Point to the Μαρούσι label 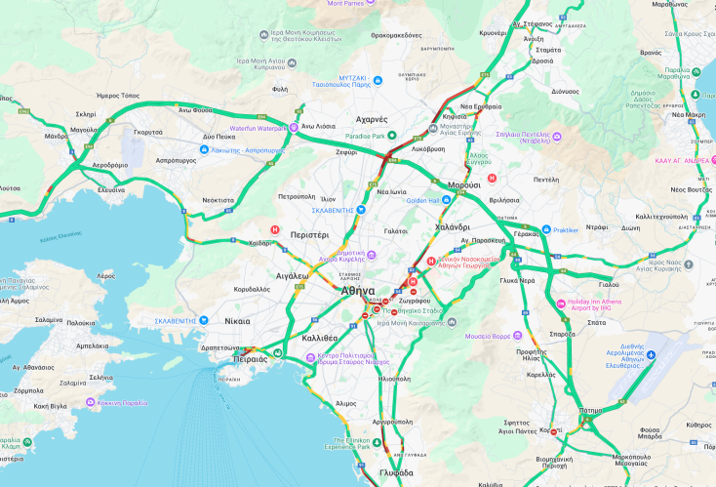[x=463, y=184]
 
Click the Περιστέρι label [x=306, y=236]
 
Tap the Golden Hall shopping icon [x=447, y=200]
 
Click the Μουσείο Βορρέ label [x=487, y=336]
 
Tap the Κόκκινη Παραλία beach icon [x=90, y=402]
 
